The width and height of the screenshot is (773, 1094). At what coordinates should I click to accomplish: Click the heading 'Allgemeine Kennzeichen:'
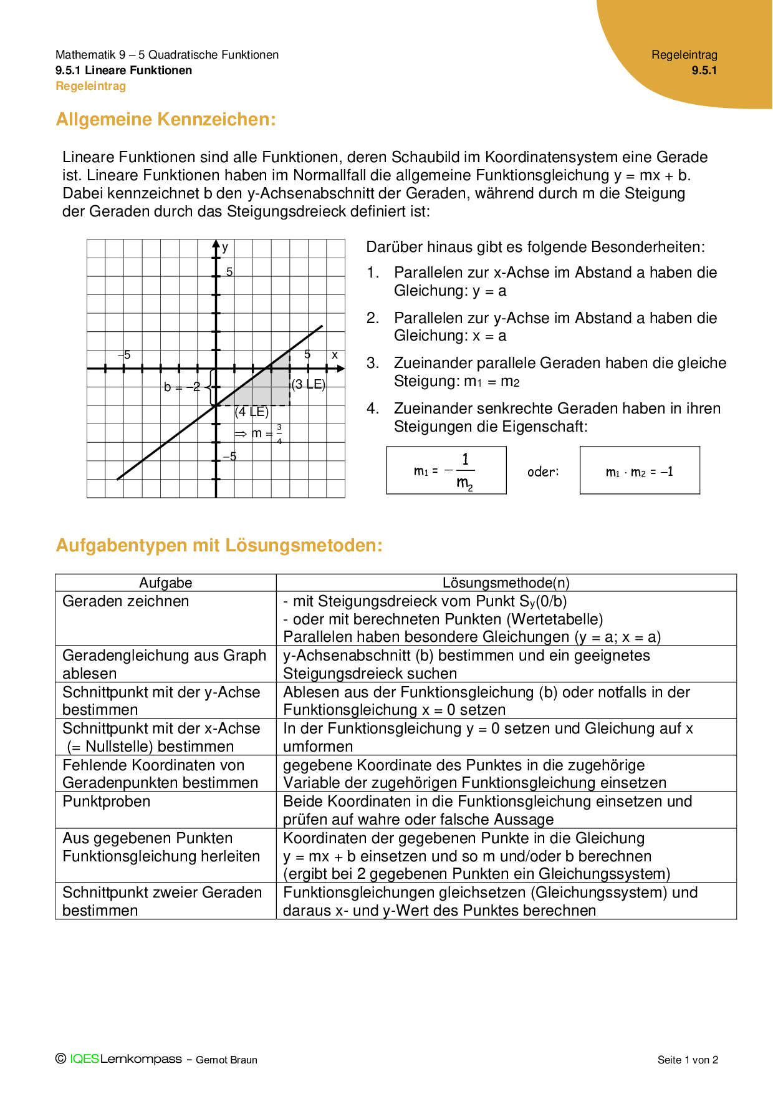click(x=166, y=119)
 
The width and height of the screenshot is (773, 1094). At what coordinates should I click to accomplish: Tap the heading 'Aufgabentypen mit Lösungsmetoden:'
click(x=219, y=545)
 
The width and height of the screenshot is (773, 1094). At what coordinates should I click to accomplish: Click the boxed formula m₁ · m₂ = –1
click(x=640, y=472)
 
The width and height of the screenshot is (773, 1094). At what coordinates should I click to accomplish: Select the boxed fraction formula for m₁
click(x=446, y=471)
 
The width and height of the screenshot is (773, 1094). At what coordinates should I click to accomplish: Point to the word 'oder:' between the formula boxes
click(x=543, y=472)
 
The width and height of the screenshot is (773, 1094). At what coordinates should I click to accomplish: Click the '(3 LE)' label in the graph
click(x=309, y=384)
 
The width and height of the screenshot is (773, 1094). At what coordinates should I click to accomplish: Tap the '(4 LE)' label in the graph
click(x=252, y=412)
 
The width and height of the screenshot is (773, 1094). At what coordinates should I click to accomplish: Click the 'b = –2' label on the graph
click(x=181, y=387)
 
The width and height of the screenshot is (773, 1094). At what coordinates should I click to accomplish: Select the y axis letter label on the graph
click(x=225, y=247)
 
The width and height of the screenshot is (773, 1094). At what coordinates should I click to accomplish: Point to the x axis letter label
click(x=335, y=355)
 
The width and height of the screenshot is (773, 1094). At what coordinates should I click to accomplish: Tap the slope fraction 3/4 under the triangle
click(x=279, y=433)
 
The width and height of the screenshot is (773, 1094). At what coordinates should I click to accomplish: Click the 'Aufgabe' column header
click(x=166, y=583)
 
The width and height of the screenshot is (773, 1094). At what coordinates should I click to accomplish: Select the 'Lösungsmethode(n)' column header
click(x=506, y=583)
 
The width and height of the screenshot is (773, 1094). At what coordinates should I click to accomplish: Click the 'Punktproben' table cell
click(x=107, y=801)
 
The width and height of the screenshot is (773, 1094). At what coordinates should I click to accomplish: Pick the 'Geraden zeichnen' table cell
click(x=126, y=601)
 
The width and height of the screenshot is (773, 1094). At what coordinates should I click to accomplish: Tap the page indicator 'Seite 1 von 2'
click(x=688, y=1060)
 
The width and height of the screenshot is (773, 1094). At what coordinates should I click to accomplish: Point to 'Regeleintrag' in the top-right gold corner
click(x=684, y=55)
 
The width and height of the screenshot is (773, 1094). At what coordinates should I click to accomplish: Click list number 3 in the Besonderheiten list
click(x=373, y=363)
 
